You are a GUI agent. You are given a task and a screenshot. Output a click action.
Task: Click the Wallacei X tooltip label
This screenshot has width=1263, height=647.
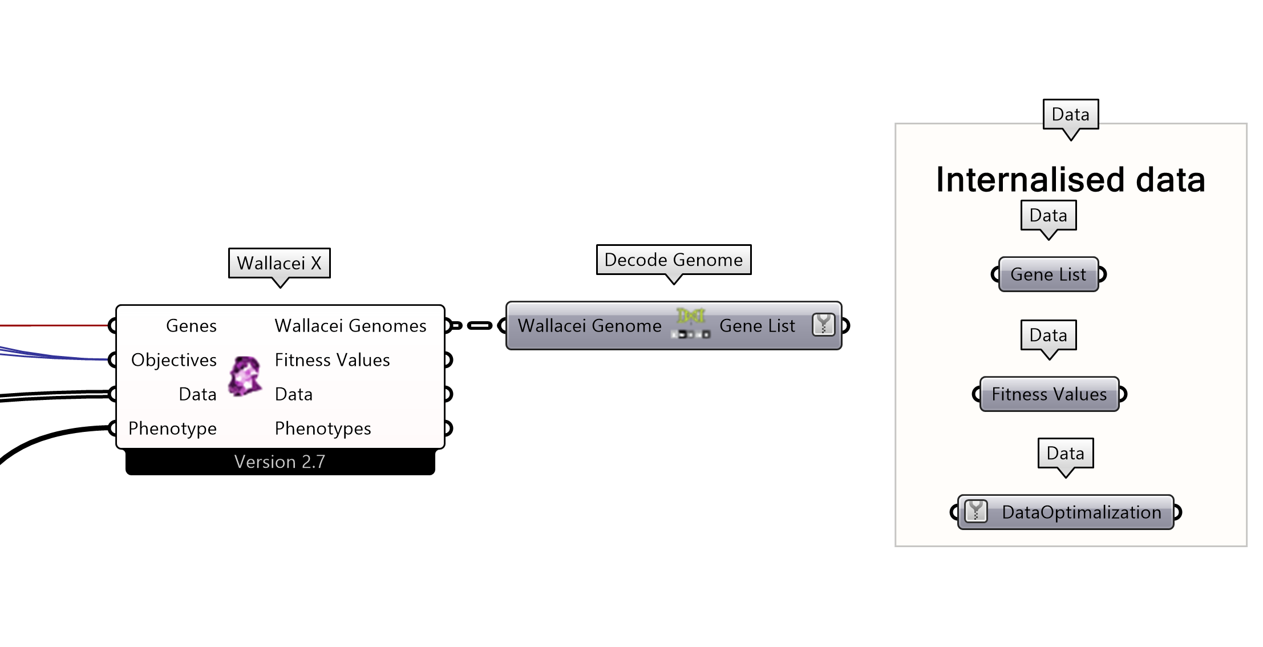(x=279, y=263)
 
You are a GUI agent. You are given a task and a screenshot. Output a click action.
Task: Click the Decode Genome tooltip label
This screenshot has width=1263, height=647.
(x=673, y=260)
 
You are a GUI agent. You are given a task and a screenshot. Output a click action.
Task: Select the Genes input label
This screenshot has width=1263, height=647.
(x=191, y=326)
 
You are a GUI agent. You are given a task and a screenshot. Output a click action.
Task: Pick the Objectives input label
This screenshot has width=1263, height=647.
(x=174, y=360)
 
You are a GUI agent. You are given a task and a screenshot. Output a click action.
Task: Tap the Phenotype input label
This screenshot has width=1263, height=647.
(x=172, y=428)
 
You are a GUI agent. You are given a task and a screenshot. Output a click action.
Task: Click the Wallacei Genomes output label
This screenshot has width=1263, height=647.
(x=350, y=326)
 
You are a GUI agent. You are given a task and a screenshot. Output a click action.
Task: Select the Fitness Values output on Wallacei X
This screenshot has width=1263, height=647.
(x=332, y=360)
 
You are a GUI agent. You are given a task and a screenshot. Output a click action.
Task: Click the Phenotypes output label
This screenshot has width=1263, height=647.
(x=322, y=428)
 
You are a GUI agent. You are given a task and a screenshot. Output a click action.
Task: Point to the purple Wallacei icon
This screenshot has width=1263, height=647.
(x=245, y=376)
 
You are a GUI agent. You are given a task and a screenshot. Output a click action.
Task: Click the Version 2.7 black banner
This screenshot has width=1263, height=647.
(x=280, y=462)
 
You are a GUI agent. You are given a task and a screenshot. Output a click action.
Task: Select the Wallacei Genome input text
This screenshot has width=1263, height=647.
(x=589, y=326)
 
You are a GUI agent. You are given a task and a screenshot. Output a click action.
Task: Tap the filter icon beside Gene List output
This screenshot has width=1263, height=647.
(x=823, y=325)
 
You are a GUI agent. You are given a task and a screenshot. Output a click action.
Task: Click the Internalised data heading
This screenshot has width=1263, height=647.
(x=1070, y=180)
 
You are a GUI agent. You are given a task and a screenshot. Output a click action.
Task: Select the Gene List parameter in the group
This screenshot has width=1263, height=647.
(x=1048, y=274)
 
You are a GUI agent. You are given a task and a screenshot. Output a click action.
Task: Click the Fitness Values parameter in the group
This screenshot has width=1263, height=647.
(x=1049, y=394)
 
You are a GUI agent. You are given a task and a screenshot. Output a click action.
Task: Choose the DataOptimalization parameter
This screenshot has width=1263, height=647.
(x=1081, y=512)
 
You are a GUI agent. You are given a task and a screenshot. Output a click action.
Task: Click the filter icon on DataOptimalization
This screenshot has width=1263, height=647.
(x=975, y=511)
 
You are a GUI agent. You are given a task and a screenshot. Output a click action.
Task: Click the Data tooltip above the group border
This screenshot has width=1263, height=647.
(x=1070, y=115)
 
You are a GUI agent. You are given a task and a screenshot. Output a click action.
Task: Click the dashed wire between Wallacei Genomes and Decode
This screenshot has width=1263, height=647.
(x=479, y=326)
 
